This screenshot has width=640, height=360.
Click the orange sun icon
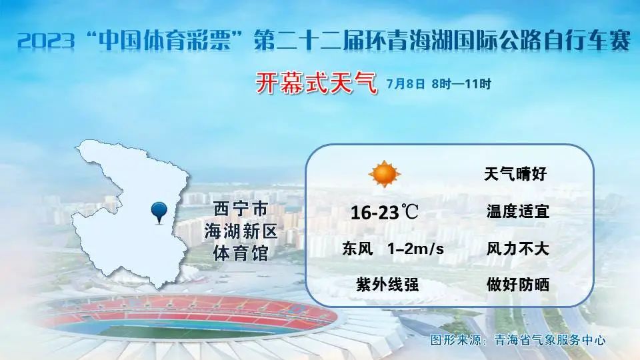point(385,174)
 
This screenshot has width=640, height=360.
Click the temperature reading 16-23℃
point(384,212)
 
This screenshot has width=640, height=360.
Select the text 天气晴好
point(515,174)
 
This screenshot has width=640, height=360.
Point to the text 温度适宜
point(517,211)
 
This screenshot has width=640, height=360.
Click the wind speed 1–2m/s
point(415,249)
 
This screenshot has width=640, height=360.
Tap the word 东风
point(357,249)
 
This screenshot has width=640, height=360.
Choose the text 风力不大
point(517,249)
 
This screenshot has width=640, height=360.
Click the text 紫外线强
point(387,285)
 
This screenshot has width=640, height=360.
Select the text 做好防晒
point(517,285)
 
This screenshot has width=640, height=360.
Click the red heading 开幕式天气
point(316,83)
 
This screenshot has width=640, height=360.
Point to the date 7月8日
point(406,84)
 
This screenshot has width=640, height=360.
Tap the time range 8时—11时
point(461,84)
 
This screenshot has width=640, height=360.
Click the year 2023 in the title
point(47,41)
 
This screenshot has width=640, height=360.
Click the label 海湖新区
point(241,231)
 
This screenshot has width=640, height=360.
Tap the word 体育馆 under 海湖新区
point(241,253)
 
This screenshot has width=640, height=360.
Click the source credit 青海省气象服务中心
point(550,340)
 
